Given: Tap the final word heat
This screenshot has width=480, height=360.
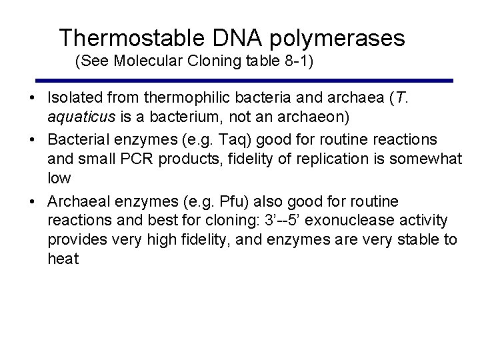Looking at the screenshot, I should coord(63,259).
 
